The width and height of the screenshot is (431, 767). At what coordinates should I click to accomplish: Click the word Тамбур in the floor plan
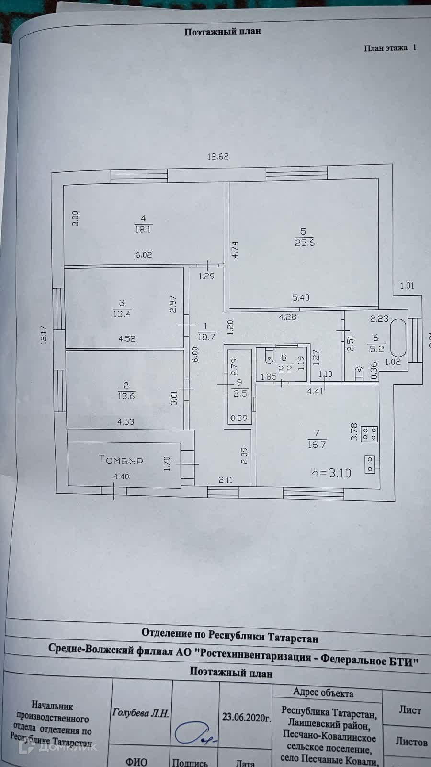click(121, 460)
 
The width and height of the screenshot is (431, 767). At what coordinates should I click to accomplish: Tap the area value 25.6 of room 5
click(305, 243)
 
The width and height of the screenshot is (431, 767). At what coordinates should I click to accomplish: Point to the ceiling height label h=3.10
click(331, 473)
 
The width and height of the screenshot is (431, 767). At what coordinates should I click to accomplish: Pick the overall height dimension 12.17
click(44, 336)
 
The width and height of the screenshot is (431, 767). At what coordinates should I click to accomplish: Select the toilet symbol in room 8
click(268, 355)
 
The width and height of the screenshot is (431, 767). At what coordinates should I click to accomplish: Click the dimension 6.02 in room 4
click(143, 255)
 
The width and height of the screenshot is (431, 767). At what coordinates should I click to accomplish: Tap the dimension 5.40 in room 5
click(301, 297)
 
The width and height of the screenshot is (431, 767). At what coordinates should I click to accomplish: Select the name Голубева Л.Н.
click(140, 713)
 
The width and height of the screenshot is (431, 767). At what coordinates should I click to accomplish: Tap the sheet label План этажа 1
click(390, 48)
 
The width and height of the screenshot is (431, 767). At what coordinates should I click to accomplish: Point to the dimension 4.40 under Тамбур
click(121, 476)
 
